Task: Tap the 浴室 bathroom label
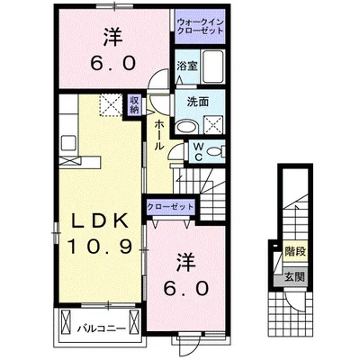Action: [x=186, y=67]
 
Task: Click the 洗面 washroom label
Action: [x=197, y=103]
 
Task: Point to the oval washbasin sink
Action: [x=187, y=127]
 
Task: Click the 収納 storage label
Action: [x=134, y=104]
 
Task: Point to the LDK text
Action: [x=99, y=218]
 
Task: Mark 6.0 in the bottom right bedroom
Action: [x=187, y=289]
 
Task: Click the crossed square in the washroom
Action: [x=216, y=122]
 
